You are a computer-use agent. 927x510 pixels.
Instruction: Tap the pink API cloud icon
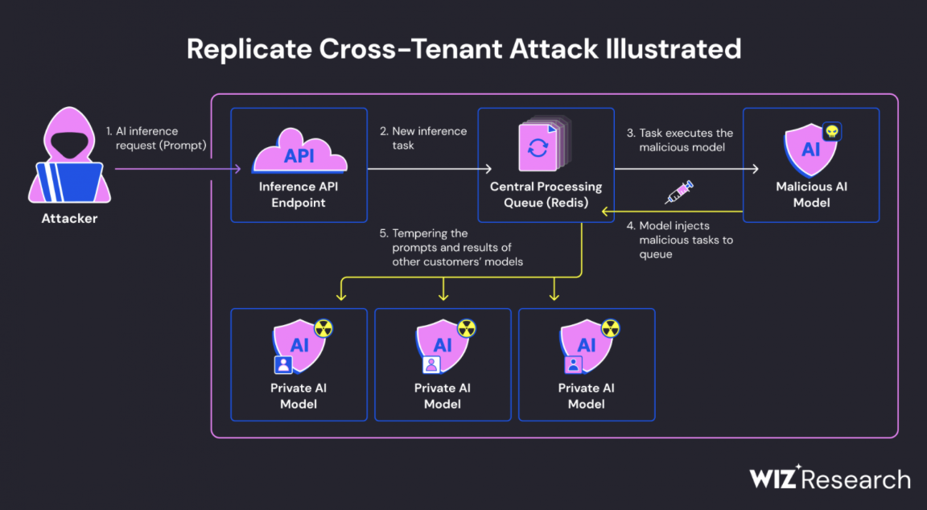coord(299,152)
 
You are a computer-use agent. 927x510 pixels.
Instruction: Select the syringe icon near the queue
coord(678,191)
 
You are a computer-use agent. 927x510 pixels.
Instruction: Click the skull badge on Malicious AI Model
coord(831,132)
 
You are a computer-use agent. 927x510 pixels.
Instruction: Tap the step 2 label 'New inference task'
coord(423,138)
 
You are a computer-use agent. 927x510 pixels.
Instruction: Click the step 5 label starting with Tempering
coord(451,247)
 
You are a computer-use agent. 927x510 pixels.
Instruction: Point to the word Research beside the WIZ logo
coord(858,480)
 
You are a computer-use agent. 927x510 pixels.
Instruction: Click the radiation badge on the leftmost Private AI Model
coord(323,327)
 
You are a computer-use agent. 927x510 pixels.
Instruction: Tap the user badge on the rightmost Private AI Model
coord(574,364)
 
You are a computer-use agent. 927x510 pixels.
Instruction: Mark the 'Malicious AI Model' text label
coord(811,195)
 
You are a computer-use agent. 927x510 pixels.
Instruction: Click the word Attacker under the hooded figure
coord(70,218)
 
